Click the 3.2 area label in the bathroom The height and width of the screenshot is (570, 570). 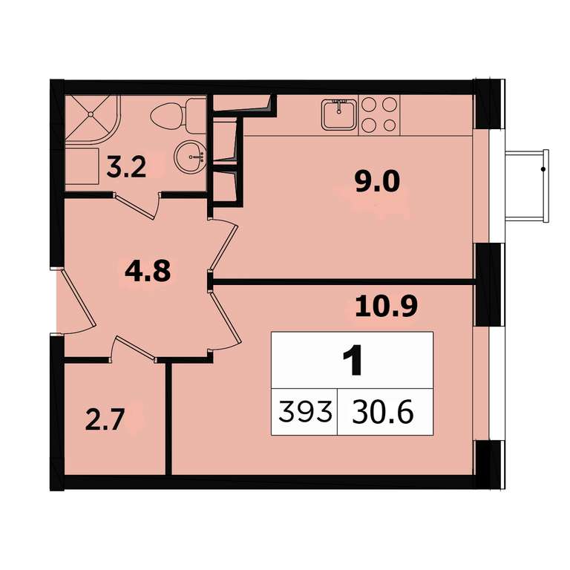click(126, 167)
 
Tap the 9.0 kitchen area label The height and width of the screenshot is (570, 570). click(377, 182)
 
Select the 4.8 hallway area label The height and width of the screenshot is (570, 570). click(148, 271)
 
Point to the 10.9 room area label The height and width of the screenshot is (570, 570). click(386, 306)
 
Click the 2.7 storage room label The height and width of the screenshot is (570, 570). click(105, 419)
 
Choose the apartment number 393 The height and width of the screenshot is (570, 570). click(304, 412)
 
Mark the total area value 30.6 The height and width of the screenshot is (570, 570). click(382, 412)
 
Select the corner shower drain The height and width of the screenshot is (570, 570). click(91, 114)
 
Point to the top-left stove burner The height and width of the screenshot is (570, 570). click(370, 105)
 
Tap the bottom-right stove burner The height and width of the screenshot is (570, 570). click(390, 125)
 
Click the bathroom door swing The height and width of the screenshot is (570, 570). click(137, 206)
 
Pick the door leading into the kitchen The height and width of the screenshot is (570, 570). click(223, 244)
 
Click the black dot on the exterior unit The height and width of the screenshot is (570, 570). click(543, 169)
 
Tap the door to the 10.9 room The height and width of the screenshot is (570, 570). click(226, 320)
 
